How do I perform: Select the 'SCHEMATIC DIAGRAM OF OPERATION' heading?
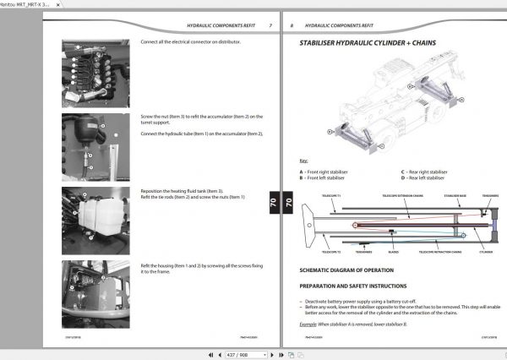coord(347,270)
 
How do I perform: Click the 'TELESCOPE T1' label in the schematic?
coord(319,194)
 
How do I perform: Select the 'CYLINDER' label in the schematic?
coord(483,251)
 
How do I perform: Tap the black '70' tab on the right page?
coord(287,202)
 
